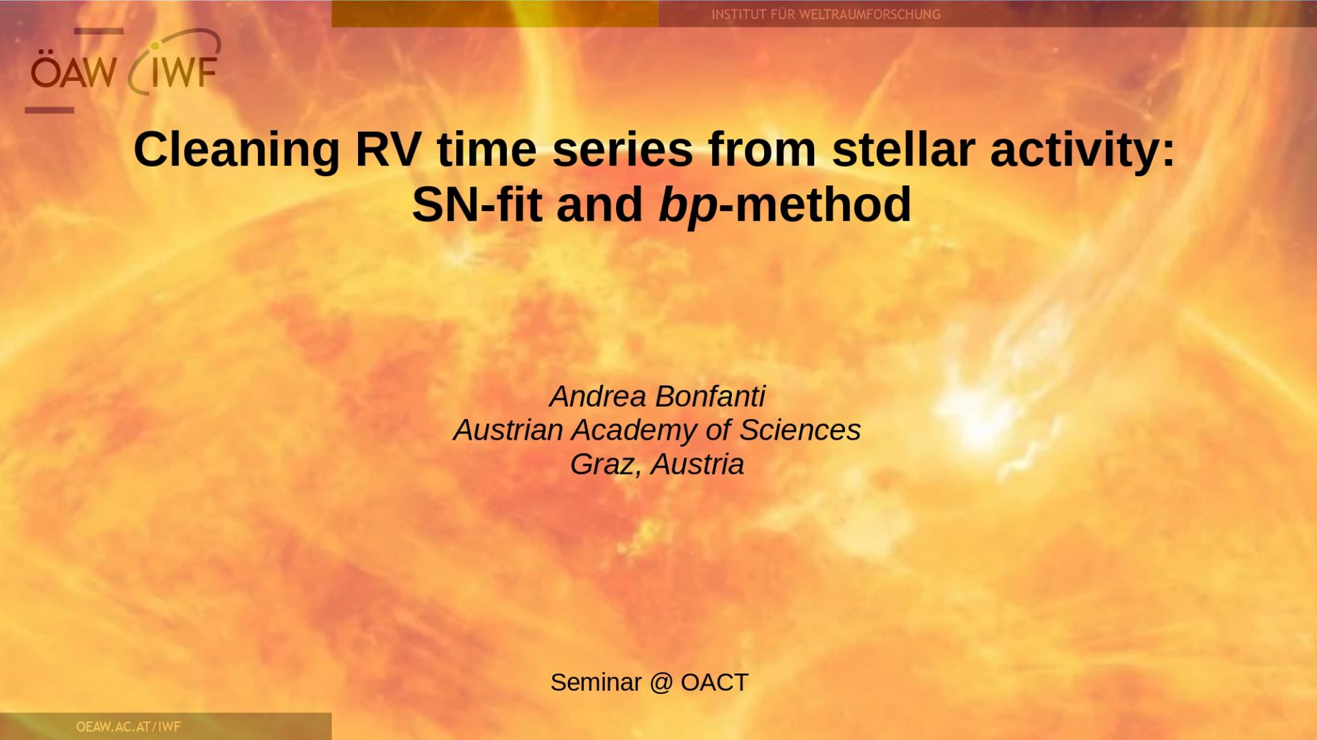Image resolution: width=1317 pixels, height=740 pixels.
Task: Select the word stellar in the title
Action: click(903, 149)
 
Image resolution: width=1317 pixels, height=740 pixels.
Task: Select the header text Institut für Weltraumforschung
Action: click(826, 14)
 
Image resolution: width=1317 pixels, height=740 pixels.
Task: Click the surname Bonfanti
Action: click(710, 396)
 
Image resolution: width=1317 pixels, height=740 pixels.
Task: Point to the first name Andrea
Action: click(597, 396)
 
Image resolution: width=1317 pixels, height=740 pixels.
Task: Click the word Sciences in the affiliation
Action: click(800, 429)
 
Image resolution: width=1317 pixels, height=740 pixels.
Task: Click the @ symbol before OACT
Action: click(661, 683)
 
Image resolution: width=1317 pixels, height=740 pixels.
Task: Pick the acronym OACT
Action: click(714, 682)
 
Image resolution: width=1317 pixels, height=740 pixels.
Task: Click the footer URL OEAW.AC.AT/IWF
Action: click(128, 726)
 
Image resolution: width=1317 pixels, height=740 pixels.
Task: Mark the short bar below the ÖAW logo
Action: click(49, 110)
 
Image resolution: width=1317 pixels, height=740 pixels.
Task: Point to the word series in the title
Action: click(622, 149)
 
